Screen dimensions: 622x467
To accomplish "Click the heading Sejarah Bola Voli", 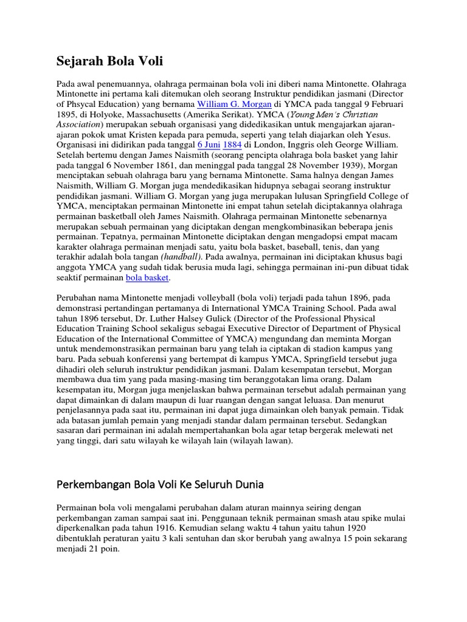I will [x=109, y=61].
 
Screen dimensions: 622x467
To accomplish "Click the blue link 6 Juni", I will [x=209, y=146].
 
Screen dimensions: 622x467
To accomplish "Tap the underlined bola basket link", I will [x=147, y=278].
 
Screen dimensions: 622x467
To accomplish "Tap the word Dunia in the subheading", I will [x=249, y=485].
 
